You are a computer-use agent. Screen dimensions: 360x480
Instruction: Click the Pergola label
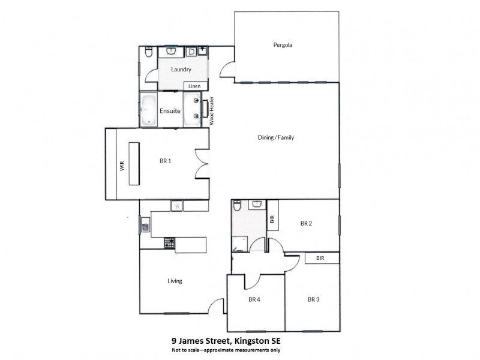(282, 45)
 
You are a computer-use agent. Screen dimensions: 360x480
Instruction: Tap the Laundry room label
(181, 70)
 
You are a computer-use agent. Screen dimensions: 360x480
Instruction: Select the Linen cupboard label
(194, 86)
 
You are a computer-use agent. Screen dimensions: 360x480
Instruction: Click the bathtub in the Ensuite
(148, 110)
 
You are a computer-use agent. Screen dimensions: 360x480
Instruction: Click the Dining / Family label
(275, 138)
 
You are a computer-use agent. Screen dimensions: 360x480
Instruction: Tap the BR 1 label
(166, 161)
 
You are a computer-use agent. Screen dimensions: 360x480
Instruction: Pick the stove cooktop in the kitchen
(170, 243)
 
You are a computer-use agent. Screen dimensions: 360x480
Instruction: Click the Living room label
(175, 281)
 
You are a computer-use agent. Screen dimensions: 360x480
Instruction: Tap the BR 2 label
(306, 223)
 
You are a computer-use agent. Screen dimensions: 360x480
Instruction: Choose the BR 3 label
(313, 299)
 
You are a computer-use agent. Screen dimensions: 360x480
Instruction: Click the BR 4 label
(254, 299)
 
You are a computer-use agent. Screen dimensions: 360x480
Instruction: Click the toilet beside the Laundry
(148, 55)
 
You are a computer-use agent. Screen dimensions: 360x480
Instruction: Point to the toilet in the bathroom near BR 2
(237, 206)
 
